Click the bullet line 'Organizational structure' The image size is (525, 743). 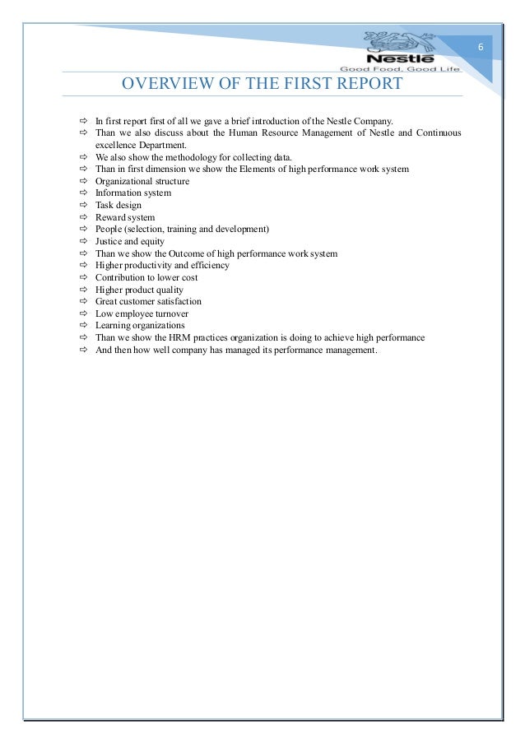142,181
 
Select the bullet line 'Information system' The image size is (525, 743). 133,193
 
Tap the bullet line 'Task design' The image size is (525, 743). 118,205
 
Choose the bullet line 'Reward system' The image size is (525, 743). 125,217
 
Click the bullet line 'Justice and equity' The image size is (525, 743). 130,242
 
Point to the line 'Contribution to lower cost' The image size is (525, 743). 146,278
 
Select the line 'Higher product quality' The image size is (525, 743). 139,290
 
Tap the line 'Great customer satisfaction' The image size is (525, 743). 148,302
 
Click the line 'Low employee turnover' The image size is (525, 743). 142,314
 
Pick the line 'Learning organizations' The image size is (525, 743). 140,326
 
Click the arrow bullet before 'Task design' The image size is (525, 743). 83,205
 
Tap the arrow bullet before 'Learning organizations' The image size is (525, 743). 83,326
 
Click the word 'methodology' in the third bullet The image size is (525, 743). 179,156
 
